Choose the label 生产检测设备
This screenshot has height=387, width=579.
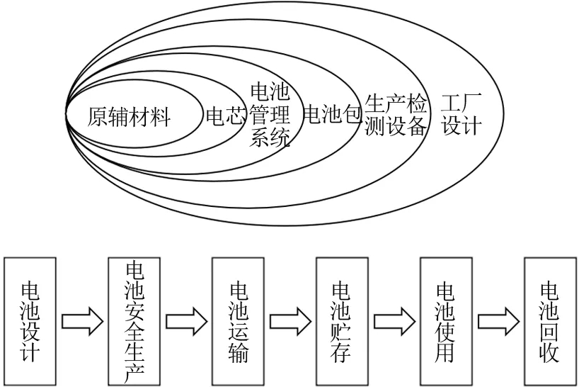coord(396,116)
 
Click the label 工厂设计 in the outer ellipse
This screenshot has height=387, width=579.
coord(461,115)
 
